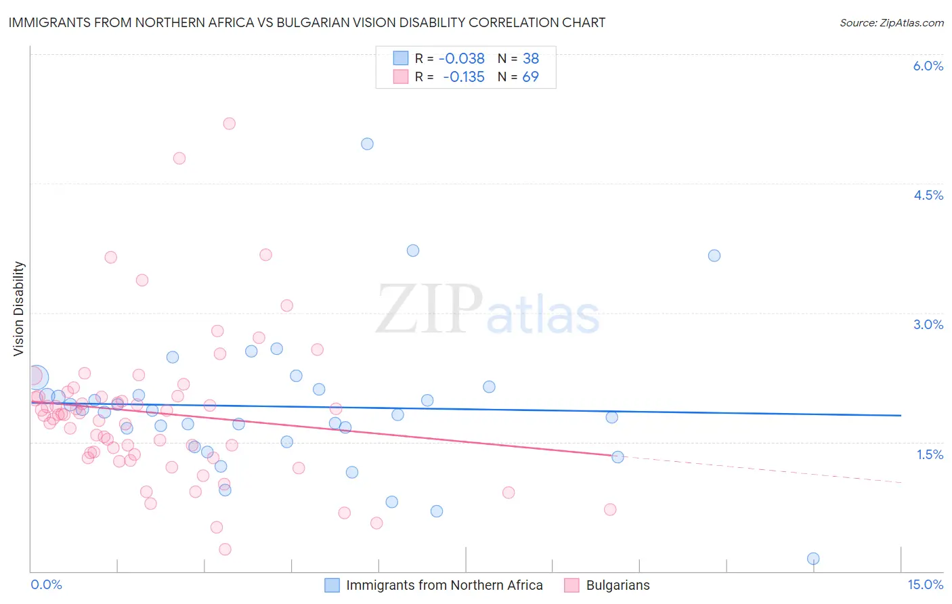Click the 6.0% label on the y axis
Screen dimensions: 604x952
928,66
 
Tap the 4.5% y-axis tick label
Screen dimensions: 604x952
928,195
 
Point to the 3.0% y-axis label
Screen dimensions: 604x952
928,324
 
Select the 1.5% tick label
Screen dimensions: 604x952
930,454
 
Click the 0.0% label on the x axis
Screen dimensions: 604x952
46,584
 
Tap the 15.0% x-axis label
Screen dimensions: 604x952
925,584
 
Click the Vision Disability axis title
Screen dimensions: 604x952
19,309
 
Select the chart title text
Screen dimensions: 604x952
307,22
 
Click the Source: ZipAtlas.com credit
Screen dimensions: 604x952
891,22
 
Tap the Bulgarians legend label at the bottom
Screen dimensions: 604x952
618,585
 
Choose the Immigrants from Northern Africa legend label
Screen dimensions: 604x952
444,585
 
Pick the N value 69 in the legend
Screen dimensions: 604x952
530,77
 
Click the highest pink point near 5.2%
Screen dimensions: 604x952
229,123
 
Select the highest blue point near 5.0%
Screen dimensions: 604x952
367,144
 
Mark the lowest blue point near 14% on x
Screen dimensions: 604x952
813,559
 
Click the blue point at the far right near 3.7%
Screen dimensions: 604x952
714,255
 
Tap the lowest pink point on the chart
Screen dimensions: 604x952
225,549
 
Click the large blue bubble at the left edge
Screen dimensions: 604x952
37,377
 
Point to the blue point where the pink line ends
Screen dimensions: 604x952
618,457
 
